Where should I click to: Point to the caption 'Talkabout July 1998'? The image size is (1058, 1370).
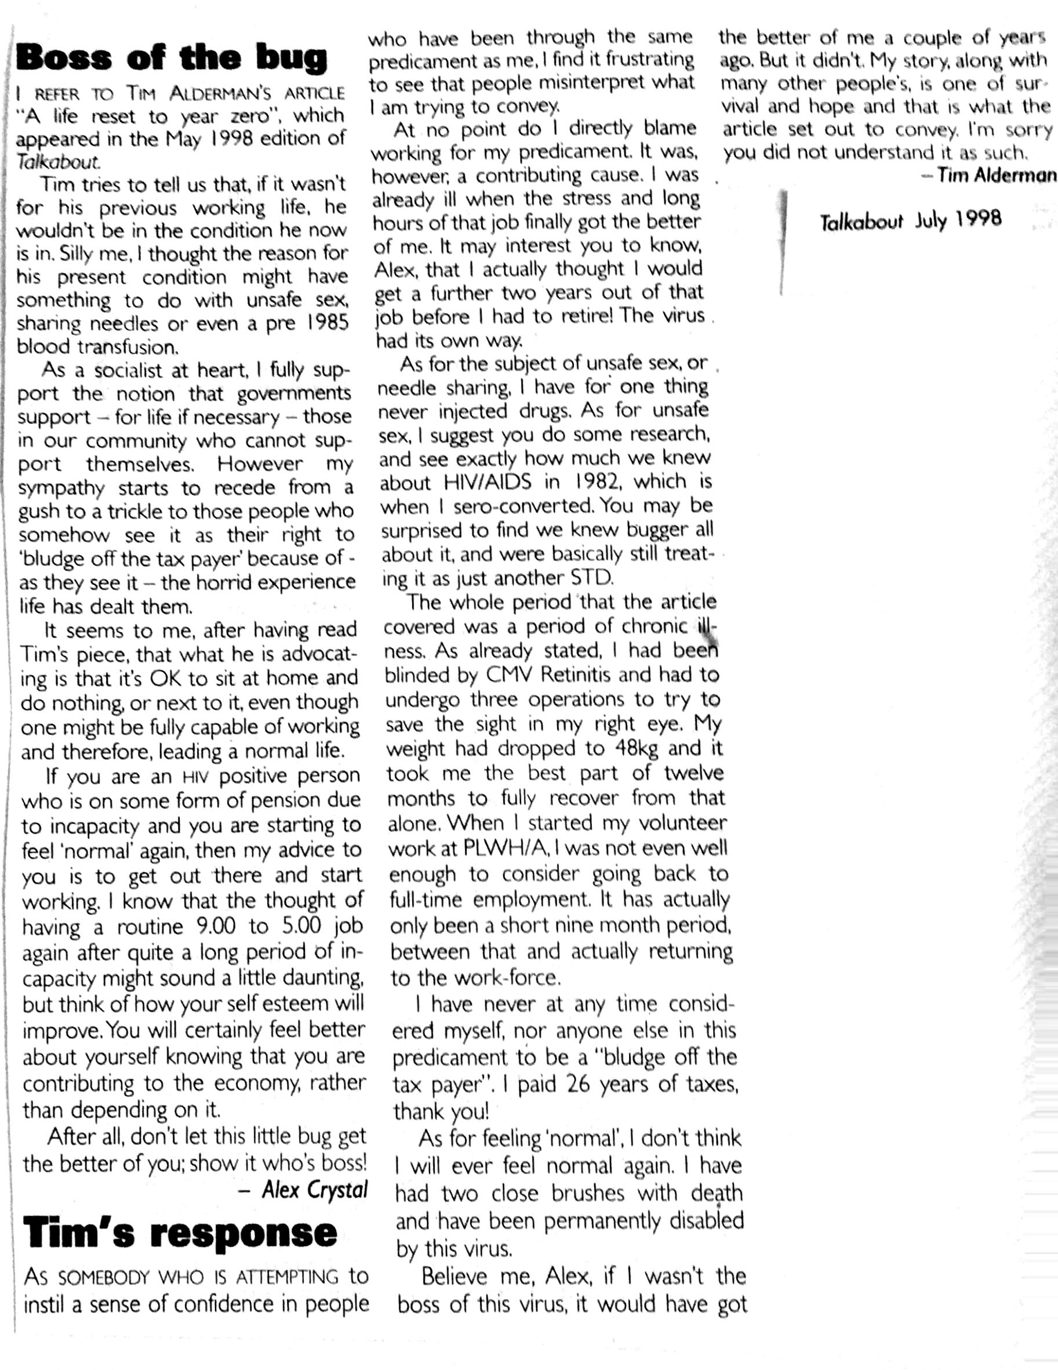911,220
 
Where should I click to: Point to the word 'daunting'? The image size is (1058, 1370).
323,977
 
